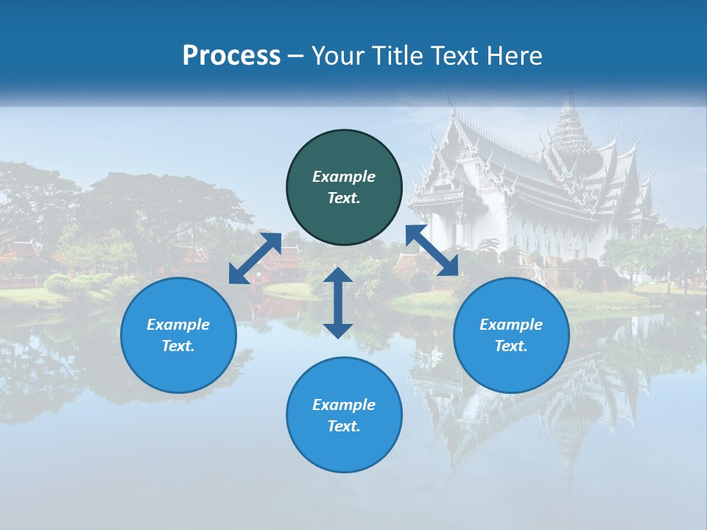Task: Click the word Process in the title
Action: pos(231,56)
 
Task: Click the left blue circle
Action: pos(178,335)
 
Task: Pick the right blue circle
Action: pos(511,335)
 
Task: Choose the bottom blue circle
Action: pos(344,414)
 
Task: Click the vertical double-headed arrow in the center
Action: pos(338,303)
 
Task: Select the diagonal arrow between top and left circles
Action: pos(255,258)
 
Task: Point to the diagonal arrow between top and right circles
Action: pos(432,250)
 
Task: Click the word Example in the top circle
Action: pos(344,177)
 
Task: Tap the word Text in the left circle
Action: pos(178,346)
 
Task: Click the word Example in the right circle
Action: pos(511,325)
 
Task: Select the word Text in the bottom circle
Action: pos(344,426)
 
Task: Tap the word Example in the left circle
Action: pos(178,325)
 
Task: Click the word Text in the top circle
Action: pos(344,198)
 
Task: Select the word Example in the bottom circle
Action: pos(344,405)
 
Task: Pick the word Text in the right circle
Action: pos(511,346)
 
